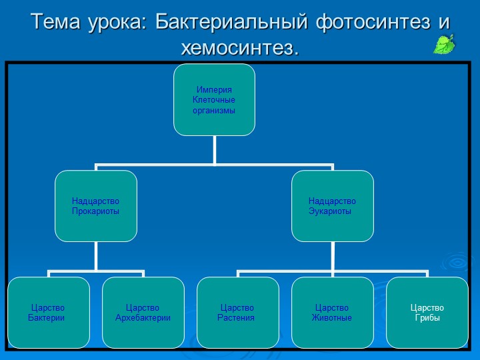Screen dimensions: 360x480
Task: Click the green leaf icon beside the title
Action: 445,44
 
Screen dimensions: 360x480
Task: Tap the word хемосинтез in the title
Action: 237,48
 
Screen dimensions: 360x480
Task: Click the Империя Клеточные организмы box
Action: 214,100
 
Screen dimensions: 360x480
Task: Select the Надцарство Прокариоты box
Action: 96,205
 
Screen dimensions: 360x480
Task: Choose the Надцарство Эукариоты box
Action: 332,205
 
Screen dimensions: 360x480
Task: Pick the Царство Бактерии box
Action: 49,312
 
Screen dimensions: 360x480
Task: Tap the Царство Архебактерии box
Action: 143,312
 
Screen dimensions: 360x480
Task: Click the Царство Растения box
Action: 238,312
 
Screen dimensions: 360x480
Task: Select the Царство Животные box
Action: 333,312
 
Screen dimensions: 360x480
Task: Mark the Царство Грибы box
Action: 427,312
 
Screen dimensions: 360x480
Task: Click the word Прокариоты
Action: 96,211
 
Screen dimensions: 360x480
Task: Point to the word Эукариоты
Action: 329,211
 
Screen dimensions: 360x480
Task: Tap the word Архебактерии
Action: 143,317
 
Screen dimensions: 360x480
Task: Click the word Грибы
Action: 427,317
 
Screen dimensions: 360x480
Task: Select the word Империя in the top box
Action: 214,90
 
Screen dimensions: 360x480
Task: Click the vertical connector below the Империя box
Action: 214,149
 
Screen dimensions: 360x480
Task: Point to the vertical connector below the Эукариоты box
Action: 332,256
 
